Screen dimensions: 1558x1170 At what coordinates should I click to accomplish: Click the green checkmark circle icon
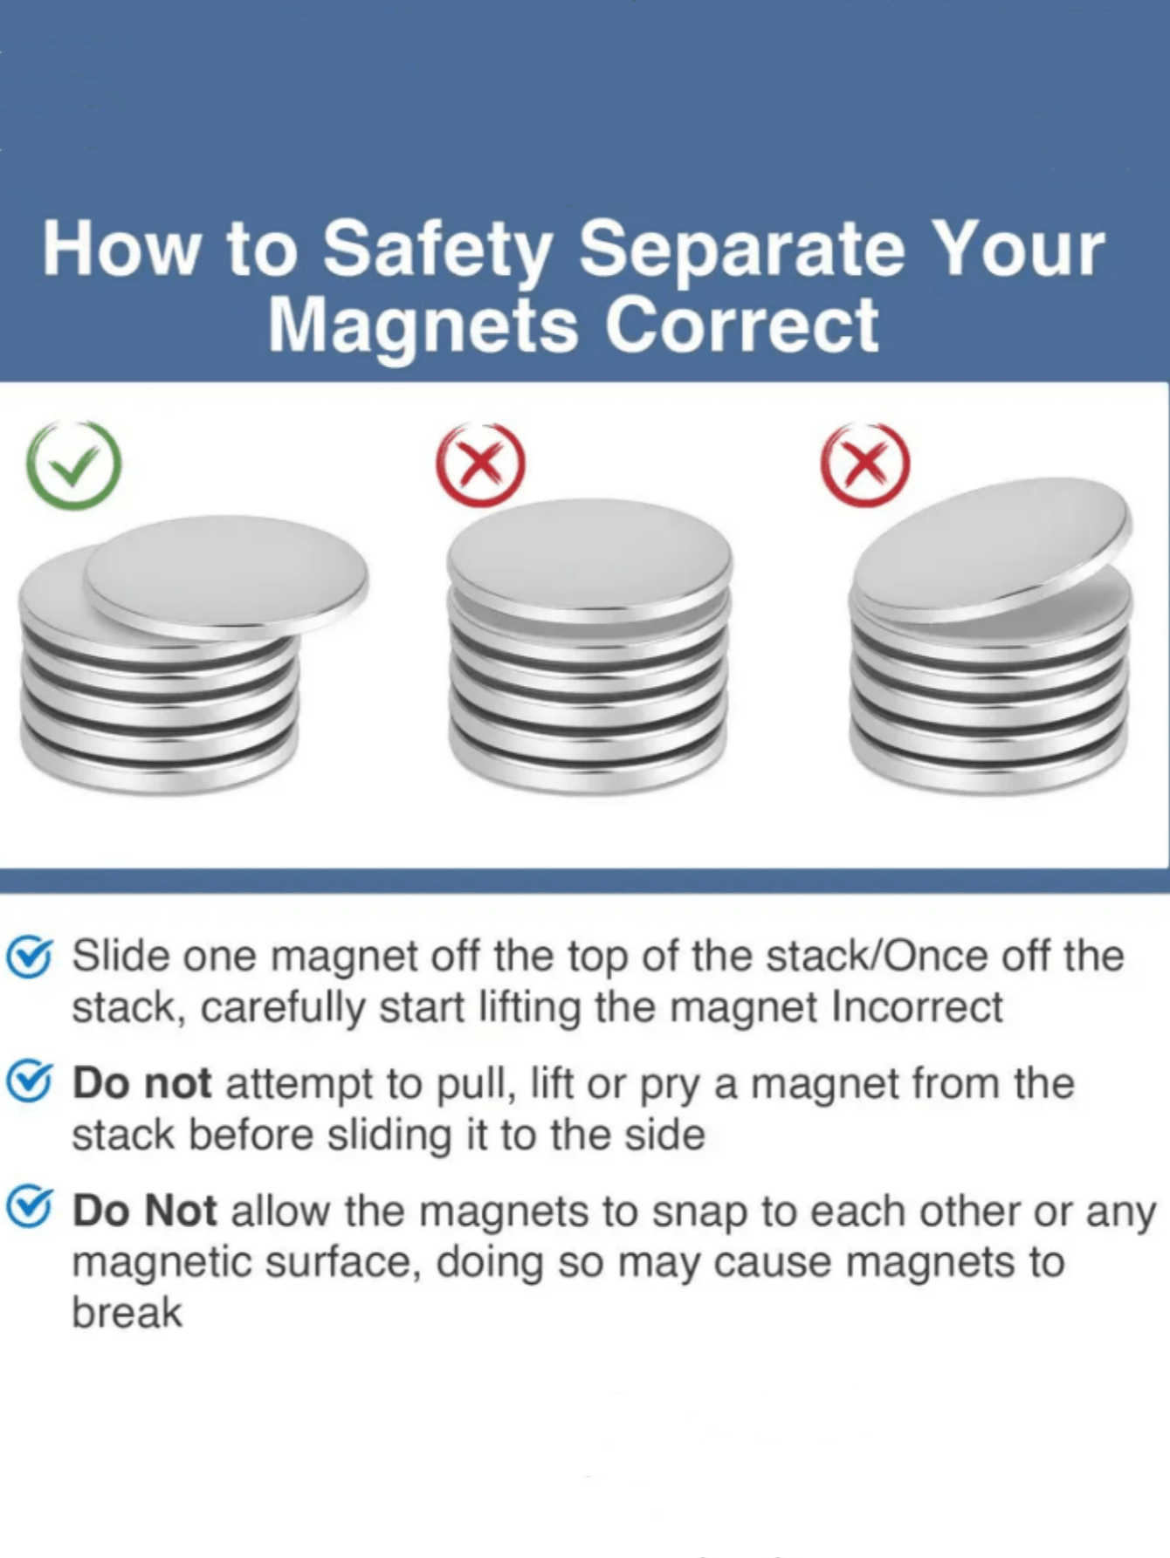pos(74,465)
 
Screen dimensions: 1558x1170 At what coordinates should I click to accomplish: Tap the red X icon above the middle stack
pos(480,465)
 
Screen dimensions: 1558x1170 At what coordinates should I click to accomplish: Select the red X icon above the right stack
pos(864,464)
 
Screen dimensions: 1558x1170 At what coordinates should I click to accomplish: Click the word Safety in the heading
pos(437,251)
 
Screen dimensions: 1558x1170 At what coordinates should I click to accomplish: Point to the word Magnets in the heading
pos(423,326)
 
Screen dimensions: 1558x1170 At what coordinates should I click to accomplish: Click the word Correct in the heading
pos(741,326)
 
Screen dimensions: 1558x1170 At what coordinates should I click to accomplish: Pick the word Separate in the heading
pos(741,251)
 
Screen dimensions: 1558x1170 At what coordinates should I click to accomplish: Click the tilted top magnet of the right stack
pos(991,546)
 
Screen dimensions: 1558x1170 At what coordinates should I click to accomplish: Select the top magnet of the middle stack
pos(589,559)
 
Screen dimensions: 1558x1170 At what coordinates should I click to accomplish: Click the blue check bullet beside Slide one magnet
pos(30,957)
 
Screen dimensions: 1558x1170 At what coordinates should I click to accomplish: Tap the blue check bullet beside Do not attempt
pos(30,1083)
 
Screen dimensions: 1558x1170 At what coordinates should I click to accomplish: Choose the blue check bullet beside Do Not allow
pos(30,1210)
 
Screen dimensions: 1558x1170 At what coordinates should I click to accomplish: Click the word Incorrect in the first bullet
pos(917,1007)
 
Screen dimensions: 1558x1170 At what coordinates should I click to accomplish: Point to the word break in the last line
pos(127,1313)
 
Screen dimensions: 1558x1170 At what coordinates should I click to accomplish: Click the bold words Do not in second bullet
pos(141,1084)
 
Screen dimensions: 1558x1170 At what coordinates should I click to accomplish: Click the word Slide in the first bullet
pos(120,956)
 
